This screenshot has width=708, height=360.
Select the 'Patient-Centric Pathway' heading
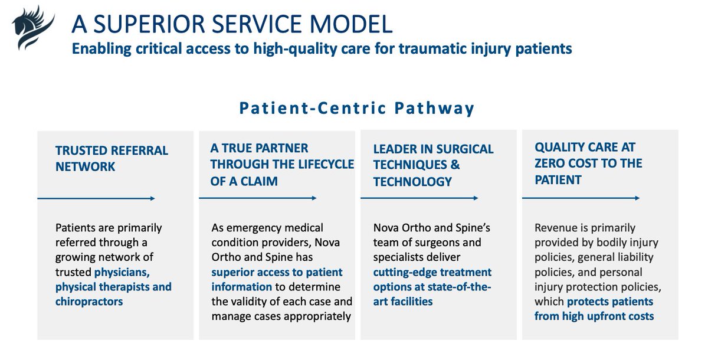[x=357, y=109]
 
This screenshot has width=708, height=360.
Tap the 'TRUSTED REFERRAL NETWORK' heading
[x=112, y=159]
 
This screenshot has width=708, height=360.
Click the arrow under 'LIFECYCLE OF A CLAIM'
[x=258, y=199]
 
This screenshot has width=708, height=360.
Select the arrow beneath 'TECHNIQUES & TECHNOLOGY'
[x=419, y=199]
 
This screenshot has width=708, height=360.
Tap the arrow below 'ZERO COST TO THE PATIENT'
[x=581, y=199]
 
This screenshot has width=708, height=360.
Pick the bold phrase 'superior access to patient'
[x=276, y=272]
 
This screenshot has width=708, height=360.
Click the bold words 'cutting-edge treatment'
[x=432, y=272]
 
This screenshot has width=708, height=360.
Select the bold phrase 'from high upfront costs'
[x=594, y=316]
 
